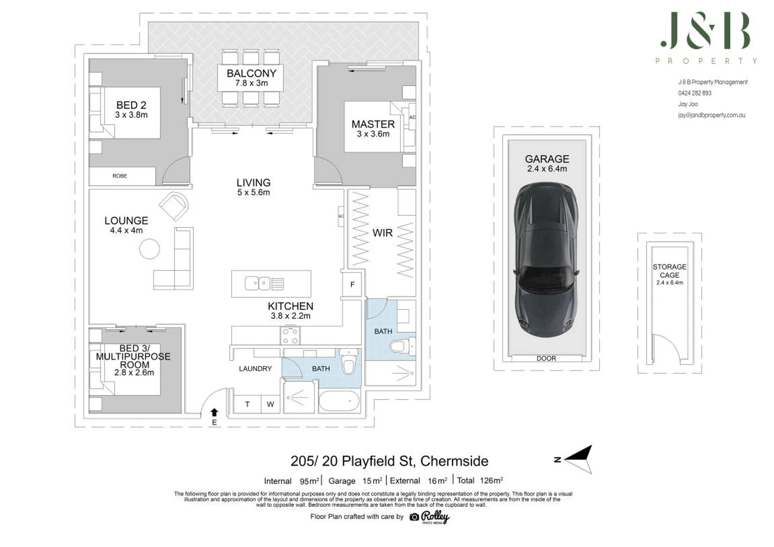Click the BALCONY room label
(x=251, y=73)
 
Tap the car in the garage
(x=546, y=260)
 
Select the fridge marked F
(x=352, y=285)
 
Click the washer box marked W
(x=270, y=404)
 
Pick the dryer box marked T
(x=247, y=404)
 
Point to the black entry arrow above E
(x=215, y=412)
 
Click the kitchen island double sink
(x=258, y=283)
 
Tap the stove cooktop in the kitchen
(x=290, y=336)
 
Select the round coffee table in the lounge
(x=150, y=249)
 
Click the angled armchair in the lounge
(x=174, y=206)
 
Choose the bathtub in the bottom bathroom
(x=339, y=401)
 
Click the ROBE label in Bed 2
(x=120, y=176)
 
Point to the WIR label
(x=382, y=233)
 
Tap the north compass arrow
(x=578, y=459)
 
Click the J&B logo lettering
(x=705, y=30)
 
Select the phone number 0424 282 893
(x=695, y=93)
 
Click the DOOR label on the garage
(x=546, y=358)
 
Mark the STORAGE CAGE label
(x=670, y=271)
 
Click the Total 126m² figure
(x=480, y=480)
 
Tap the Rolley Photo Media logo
(x=430, y=517)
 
